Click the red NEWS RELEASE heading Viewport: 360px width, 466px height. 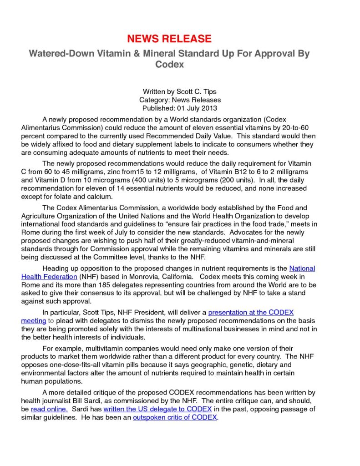(x=169, y=38)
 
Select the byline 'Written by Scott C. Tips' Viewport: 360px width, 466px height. (x=180, y=91)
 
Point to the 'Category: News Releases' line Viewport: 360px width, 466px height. (x=180, y=100)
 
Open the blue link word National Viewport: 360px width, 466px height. (x=302, y=268)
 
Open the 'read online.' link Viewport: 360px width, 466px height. (x=49, y=409)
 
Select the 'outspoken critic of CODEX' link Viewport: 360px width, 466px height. (x=175, y=417)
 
